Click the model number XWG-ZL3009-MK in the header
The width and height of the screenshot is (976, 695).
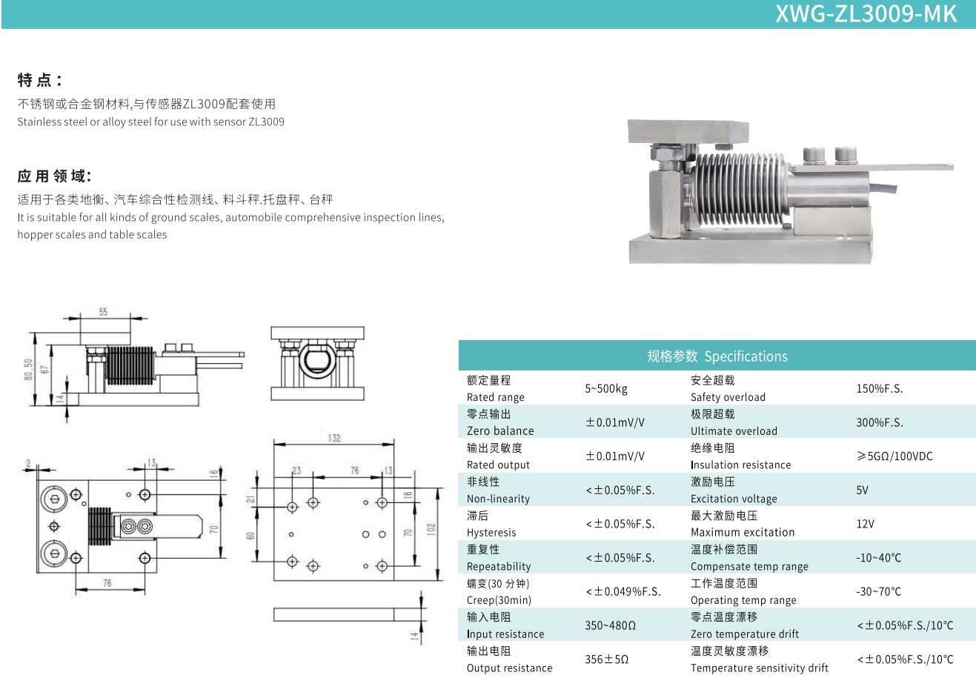(866, 13)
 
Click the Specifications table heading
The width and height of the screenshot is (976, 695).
(717, 356)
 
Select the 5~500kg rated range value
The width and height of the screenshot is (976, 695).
(605, 389)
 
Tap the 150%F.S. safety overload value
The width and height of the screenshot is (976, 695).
(879, 389)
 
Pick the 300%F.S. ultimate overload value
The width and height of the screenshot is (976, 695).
(879, 422)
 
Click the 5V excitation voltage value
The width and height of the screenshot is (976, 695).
(862, 491)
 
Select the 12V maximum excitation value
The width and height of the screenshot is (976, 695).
(865, 524)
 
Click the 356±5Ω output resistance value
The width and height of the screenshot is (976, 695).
(606, 659)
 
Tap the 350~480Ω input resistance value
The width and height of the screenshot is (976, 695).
(610, 625)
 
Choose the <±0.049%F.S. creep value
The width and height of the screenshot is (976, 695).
(623, 592)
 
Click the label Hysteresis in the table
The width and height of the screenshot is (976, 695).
(491, 533)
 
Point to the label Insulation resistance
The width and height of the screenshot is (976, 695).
(740, 465)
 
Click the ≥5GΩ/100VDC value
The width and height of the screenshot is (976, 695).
(894, 456)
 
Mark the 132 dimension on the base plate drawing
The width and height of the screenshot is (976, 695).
(334, 438)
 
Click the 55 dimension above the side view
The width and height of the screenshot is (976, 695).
(103, 312)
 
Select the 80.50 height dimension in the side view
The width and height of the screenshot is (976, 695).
(28, 370)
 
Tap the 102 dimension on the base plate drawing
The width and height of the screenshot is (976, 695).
(431, 529)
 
